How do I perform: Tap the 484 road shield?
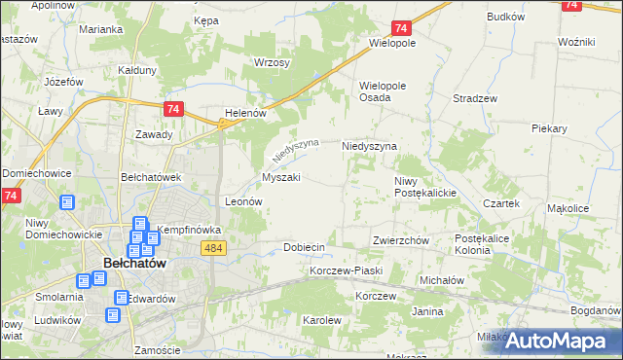216,249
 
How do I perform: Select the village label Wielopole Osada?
388,90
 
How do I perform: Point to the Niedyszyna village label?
369,146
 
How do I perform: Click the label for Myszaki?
281,177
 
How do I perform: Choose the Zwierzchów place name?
400,240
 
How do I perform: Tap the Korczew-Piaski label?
346,270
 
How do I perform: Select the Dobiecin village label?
304,247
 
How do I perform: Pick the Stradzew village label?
476,98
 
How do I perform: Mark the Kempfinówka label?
190,231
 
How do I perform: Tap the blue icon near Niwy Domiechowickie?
67,203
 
